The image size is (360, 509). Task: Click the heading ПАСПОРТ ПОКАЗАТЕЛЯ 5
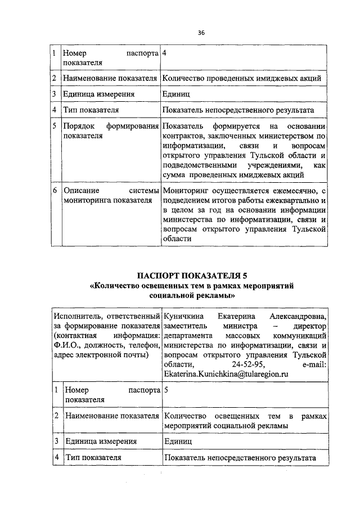point(192,276)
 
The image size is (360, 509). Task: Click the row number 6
point(55,191)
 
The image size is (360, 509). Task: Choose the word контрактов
point(184,136)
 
